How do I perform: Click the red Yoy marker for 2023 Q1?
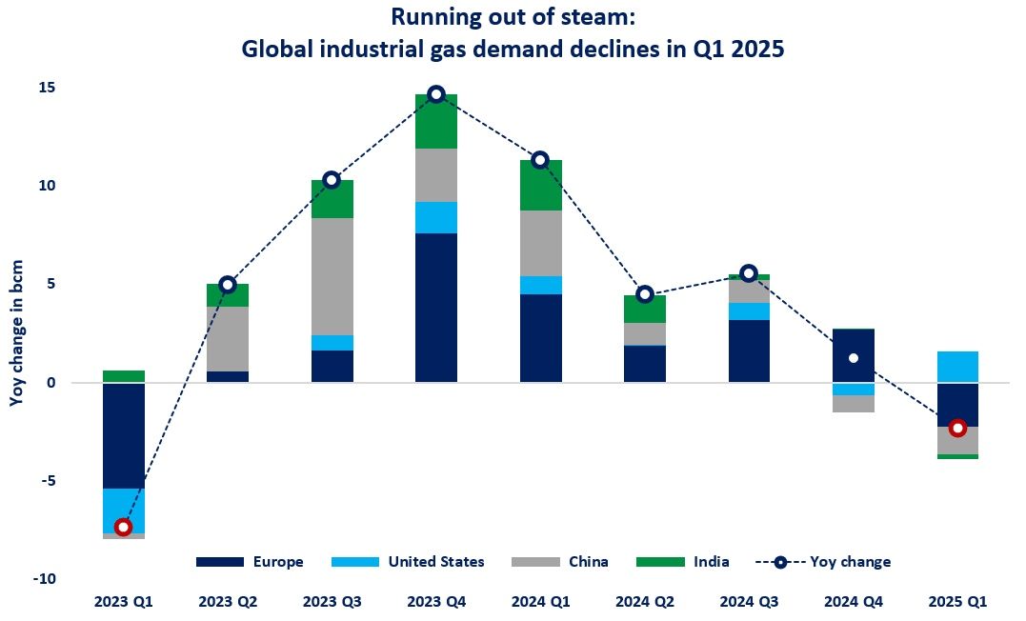(123, 527)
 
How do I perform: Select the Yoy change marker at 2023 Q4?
(436, 93)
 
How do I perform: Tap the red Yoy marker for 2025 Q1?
(958, 428)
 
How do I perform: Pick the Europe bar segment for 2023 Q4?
(436, 307)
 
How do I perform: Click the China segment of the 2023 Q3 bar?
(332, 276)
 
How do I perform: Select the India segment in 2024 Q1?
(540, 185)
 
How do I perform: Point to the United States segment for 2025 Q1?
(958, 367)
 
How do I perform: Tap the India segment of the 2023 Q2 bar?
(227, 295)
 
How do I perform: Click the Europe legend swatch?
(219, 562)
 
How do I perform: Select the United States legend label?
(436, 562)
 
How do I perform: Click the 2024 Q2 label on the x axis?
(645, 602)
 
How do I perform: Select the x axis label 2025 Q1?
(958, 602)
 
